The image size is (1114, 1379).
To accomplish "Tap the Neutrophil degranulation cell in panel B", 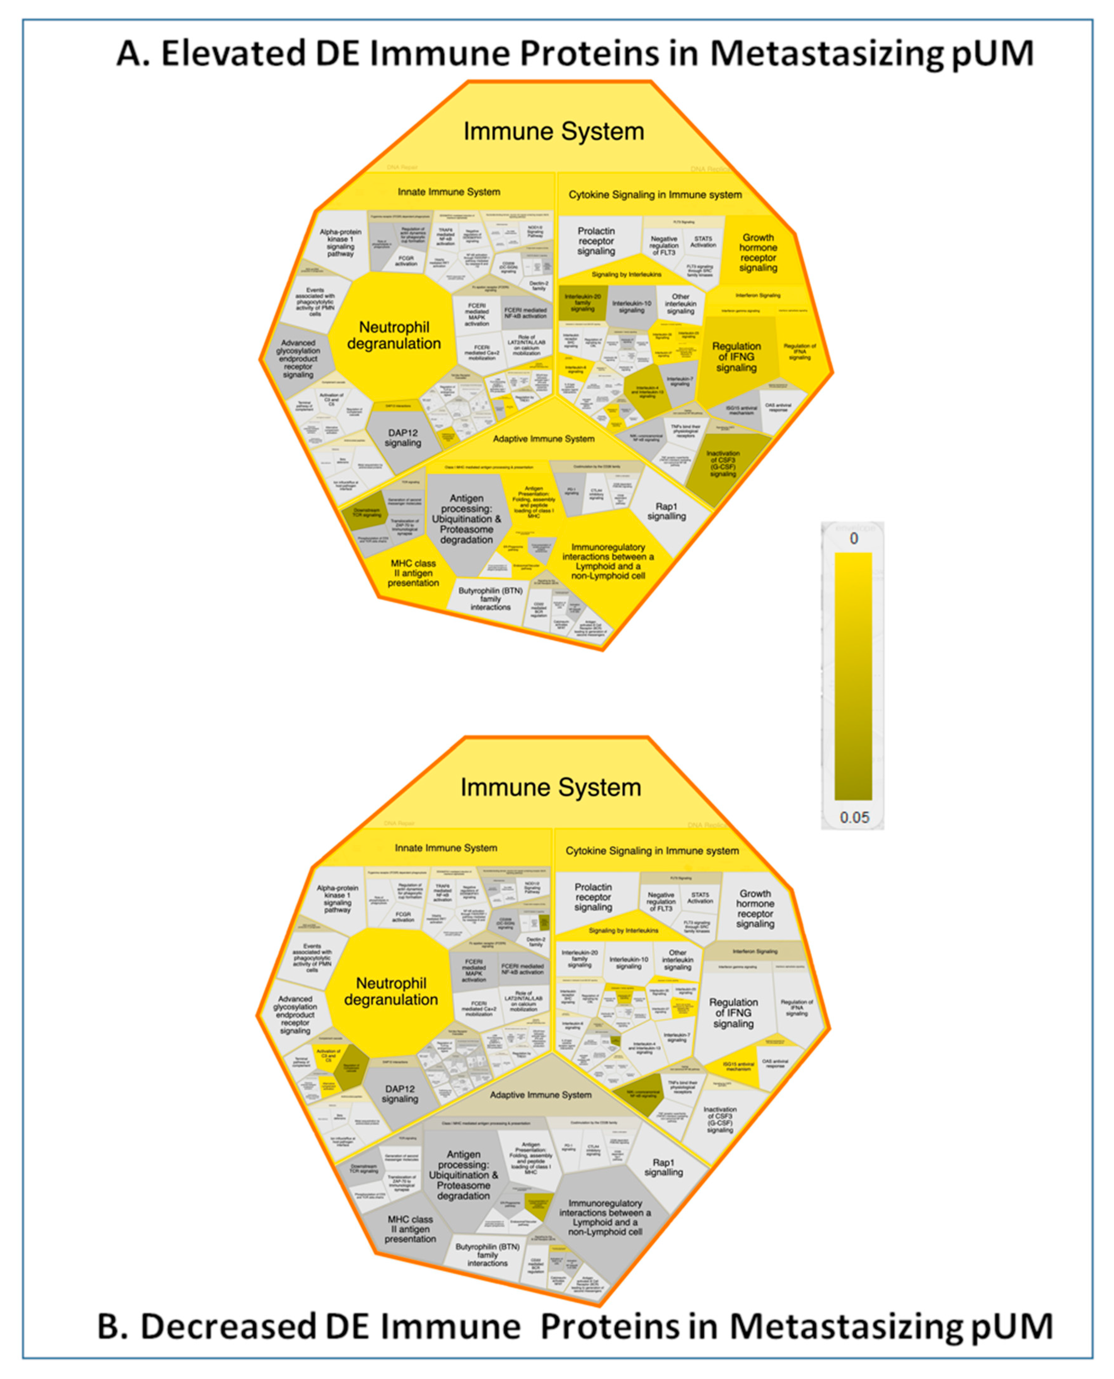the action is [x=391, y=991].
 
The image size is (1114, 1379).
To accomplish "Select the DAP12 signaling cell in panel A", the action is [x=402, y=438].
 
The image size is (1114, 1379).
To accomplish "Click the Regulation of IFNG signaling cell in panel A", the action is [x=736, y=357].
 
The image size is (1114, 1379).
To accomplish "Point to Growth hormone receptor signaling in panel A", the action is [x=758, y=253].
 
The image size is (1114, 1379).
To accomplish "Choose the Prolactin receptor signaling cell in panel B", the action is [x=593, y=897].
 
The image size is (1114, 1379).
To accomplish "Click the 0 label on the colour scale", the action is [x=853, y=538].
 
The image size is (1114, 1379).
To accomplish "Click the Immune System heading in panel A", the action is [x=553, y=131].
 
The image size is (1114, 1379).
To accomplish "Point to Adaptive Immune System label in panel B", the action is [x=540, y=1095].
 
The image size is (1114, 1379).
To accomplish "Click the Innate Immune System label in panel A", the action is [x=448, y=192].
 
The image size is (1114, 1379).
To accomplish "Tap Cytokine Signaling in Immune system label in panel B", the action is [x=652, y=851].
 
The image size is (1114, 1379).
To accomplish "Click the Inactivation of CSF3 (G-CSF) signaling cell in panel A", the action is [x=723, y=463].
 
